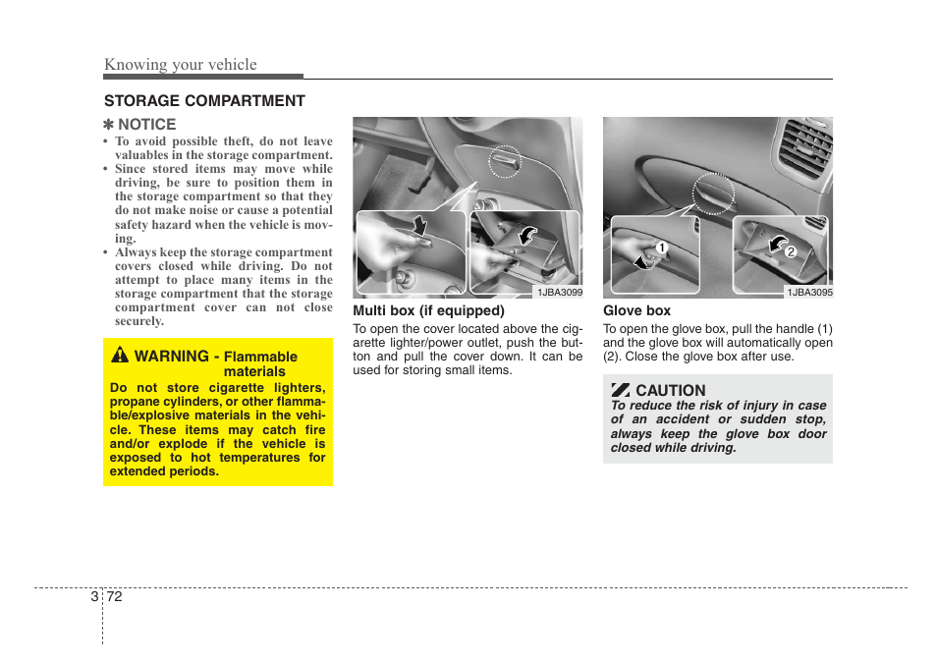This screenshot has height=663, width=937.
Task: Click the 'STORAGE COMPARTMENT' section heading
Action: coord(204,101)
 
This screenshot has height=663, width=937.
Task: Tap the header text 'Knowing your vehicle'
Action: coord(181,65)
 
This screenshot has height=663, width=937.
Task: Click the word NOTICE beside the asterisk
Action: coord(146,125)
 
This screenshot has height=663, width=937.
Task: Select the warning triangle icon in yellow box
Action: coord(119,356)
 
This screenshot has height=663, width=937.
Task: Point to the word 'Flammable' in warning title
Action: coord(260,357)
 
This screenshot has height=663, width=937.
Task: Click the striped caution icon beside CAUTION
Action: coord(620,390)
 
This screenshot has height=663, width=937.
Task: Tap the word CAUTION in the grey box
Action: coord(670,390)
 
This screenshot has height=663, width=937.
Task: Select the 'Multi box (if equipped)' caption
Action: coord(428,310)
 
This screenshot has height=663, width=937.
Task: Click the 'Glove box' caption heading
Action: coord(636,310)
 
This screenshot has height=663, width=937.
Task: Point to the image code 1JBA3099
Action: coord(559,292)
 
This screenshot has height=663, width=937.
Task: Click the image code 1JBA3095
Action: coord(809,292)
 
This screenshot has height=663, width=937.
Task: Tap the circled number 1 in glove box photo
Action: coord(662,247)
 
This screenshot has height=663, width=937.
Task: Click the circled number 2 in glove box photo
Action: coord(788,252)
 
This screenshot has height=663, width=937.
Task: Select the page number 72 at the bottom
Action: coord(114,597)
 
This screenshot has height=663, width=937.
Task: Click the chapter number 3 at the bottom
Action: coord(93,597)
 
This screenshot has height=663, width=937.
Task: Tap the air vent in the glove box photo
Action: coord(801,147)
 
